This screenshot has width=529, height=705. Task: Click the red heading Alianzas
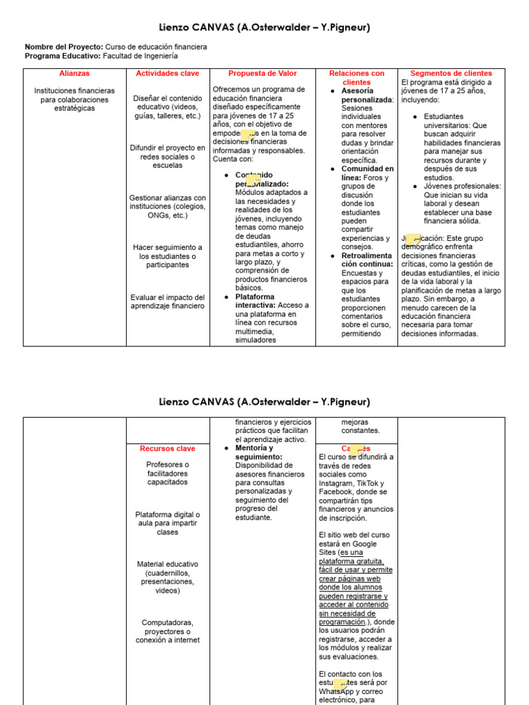click(74, 73)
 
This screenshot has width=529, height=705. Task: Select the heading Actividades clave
click(167, 73)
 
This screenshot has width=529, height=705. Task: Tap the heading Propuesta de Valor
click(262, 73)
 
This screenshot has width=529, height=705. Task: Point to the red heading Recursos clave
click(167, 448)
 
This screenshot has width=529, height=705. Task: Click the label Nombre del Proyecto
click(64, 46)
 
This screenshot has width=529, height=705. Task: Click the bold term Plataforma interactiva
click(255, 301)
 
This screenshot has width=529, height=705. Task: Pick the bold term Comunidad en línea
click(367, 173)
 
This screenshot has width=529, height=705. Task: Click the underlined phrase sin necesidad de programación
click(347, 618)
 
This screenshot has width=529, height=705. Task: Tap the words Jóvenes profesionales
click(462, 186)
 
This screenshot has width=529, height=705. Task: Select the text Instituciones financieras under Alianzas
click(74, 91)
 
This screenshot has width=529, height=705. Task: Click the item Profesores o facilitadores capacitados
click(167, 473)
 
